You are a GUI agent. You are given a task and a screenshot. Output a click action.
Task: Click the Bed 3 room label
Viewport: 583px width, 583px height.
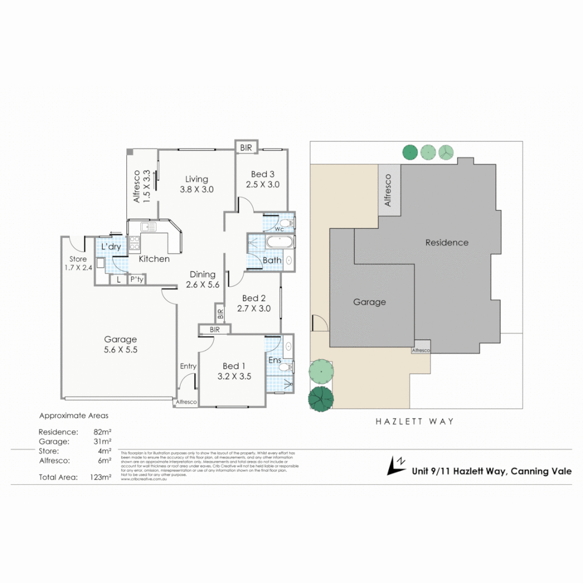[x=262, y=174]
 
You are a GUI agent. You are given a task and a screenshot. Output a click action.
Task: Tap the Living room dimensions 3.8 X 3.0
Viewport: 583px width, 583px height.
[x=196, y=189]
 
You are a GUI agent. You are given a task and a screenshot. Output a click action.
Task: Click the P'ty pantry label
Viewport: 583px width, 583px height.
[x=136, y=280]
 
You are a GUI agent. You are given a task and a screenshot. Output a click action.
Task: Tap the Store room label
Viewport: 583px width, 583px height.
[x=78, y=259]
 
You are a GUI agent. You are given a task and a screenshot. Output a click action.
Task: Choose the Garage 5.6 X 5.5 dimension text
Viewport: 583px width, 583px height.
[x=120, y=350]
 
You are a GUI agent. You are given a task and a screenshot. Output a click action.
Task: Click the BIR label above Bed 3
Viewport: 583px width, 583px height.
[x=246, y=146]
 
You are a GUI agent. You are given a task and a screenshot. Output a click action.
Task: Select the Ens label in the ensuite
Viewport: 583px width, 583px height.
[x=274, y=360]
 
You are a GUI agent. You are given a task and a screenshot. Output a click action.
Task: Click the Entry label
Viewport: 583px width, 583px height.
[x=188, y=367]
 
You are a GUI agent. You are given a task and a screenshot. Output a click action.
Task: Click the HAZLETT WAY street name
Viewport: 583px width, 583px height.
[x=415, y=422]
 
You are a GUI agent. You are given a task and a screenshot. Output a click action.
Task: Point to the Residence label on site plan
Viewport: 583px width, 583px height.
[x=446, y=242]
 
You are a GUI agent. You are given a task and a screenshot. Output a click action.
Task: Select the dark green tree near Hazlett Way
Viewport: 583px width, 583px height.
[x=321, y=398]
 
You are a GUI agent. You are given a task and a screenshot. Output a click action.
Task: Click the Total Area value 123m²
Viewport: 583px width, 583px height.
[x=101, y=477]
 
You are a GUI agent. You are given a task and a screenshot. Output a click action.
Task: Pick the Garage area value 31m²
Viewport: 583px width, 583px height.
[x=103, y=442]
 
